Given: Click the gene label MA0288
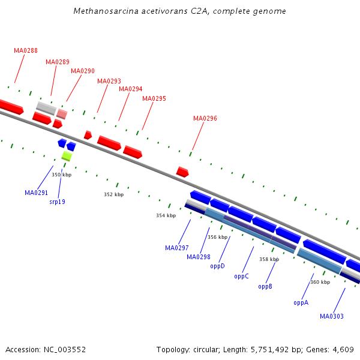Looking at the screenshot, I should [x=26, y=50].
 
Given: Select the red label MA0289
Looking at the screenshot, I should [x=58, y=62].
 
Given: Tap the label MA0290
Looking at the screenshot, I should [x=83, y=71].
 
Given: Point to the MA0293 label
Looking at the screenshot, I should [x=109, y=81].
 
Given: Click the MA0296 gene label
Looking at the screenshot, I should [x=205, y=118].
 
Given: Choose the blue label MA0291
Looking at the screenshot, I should [x=37, y=193].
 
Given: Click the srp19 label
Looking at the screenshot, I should [x=57, y=202].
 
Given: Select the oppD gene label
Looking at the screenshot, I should [x=217, y=266].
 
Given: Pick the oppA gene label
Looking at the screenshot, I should [x=301, y=302].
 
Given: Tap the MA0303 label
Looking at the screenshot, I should [x=332, y=316].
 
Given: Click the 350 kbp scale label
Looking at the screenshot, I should [x=61, y=175].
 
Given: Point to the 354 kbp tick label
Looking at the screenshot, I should [x=166, y=215].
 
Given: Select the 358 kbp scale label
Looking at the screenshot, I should [x=269, y=259].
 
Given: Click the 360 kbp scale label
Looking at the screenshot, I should [x=320, y=282].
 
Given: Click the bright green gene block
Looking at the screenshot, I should [x=67, y=156].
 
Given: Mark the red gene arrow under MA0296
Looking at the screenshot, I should [x=182, y=172].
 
